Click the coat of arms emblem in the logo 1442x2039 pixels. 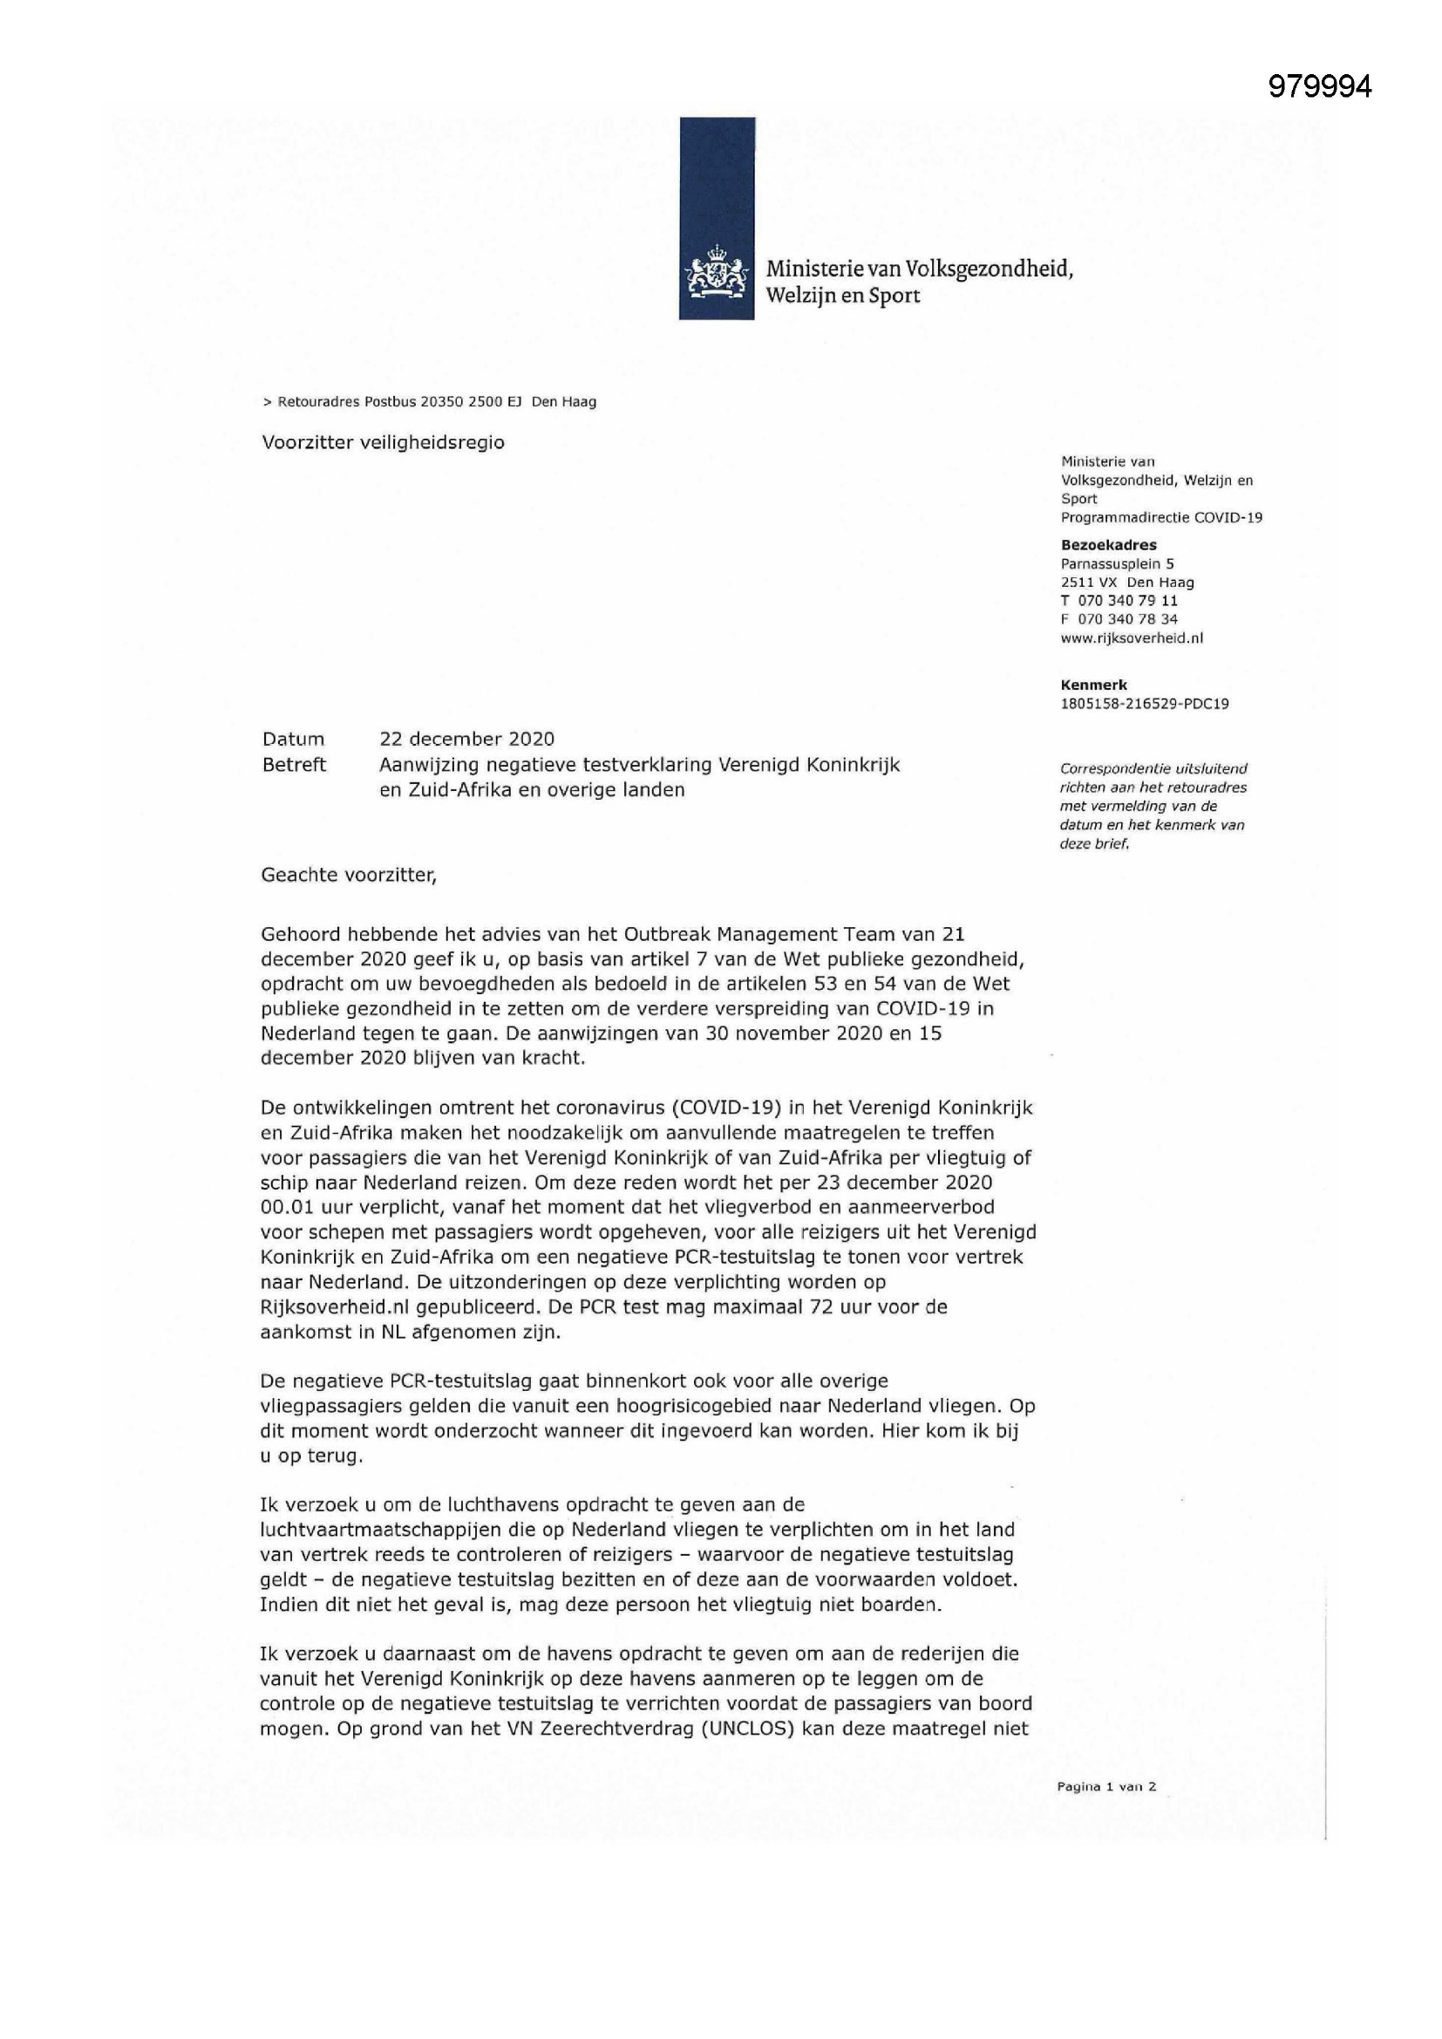[716, 275]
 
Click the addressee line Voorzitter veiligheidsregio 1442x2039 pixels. [383, 442]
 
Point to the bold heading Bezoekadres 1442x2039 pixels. [1108, 544]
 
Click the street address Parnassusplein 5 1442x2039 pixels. [1117, 563]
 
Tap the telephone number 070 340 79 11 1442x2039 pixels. [1127, 600]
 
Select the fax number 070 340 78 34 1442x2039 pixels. [1127, 619]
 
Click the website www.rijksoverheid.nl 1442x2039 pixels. [1133, 638]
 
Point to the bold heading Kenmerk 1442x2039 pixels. [1094, 685]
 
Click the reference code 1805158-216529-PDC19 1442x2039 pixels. [1145, 703]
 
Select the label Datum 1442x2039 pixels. [293, 739]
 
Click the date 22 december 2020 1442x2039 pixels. [466, 739]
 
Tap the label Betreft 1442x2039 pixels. [294, 765]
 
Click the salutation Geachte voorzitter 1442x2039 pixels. [348, 875]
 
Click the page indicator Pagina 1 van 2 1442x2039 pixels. [1106, 1787]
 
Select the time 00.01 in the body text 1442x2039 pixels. [284, 1208]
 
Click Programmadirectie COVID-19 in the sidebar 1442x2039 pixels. [1161, 517]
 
